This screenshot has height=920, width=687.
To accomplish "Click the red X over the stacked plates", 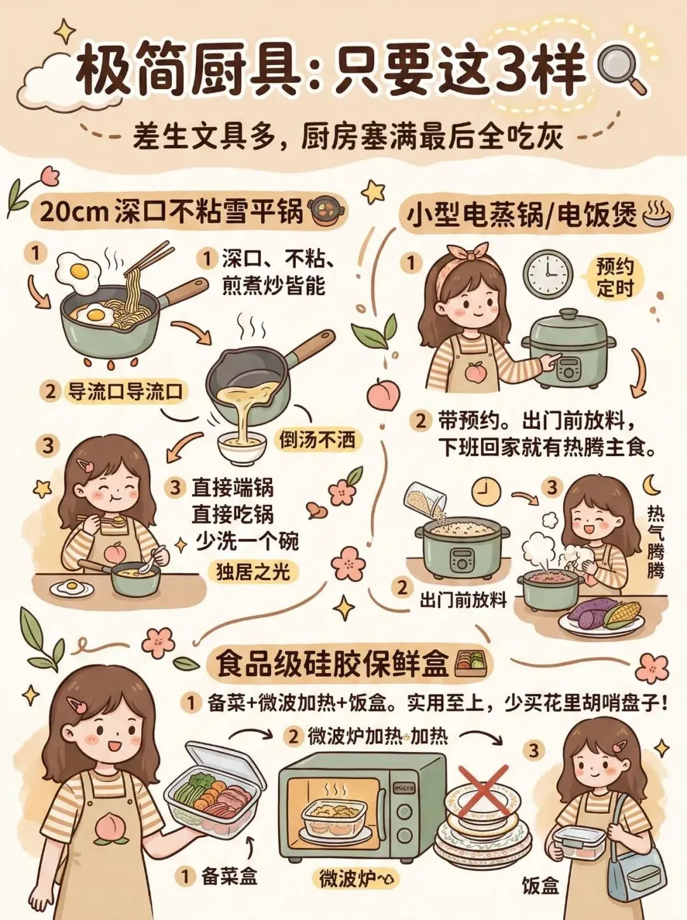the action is (x=484, y=792).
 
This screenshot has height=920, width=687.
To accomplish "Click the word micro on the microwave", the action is (x=404, y=788).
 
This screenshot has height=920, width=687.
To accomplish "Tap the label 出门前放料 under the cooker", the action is (x=463, y=601).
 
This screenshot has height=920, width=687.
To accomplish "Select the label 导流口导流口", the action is (x=125, y=392).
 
